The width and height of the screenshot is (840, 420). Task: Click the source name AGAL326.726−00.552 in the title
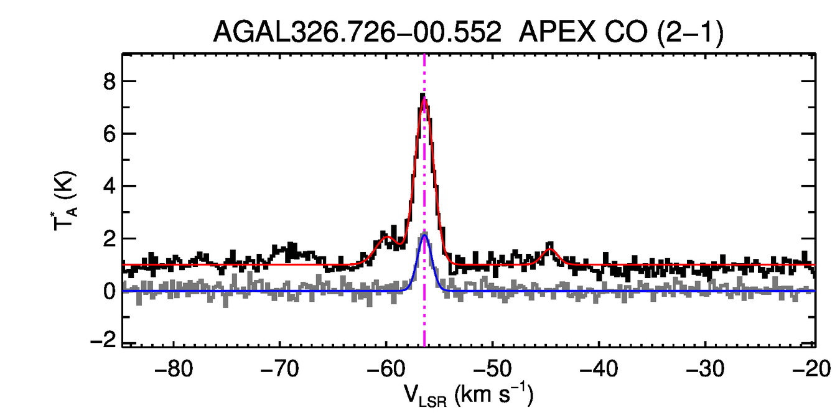tap(357, 32)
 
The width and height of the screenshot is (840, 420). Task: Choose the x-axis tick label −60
tap(386, 369)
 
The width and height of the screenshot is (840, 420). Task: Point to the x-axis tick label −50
tap(492, 369)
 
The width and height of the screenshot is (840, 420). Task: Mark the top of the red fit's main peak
tap(424, 100)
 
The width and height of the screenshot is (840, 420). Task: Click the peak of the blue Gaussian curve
tap(424, 235)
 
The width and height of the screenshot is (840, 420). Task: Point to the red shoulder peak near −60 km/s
tap(386, 238)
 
